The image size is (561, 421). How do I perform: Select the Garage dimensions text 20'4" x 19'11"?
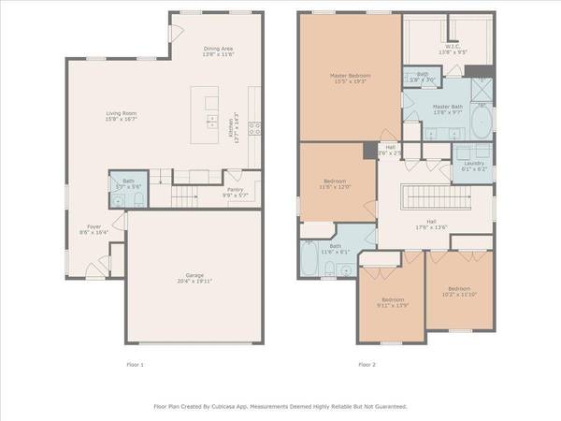[x=194, y=281]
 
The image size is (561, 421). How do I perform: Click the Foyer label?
[x=94, y=225]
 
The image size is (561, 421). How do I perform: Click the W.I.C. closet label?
[x=439, y=46]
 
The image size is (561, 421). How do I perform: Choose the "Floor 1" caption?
[x=137, y=364]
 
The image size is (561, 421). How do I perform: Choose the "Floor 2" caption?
[x=368, y=364]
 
